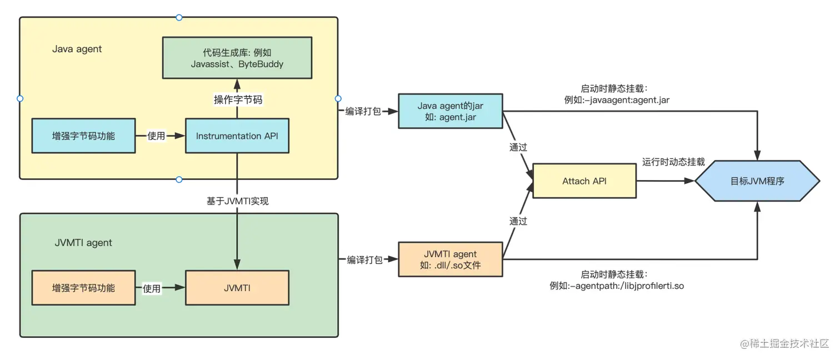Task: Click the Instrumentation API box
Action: [x=237, y=136]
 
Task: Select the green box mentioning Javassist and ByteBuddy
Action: [x=237, y=58]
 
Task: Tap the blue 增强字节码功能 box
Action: [x=83, y=136]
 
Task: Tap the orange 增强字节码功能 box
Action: [x=83, y=288]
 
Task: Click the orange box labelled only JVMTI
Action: [x=237, y=288]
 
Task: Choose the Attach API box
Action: [x=584, y=181]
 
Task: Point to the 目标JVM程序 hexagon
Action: [x=757, y=181]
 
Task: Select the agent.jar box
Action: [x=450, y=112]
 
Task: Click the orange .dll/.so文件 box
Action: [x=450, y=259]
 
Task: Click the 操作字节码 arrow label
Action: [x=238, y=100]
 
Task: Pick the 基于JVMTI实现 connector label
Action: [x=238, y=201]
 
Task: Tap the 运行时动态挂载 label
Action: [x=673, y=162]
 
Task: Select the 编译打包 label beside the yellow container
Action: [x=363, y=112]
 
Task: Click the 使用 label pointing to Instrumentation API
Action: [x=156, y=136]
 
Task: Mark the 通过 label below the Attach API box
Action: [x=518, y=221]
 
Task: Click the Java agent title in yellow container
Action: [x=77, y=49]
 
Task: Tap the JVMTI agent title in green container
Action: [x=83, y=243]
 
